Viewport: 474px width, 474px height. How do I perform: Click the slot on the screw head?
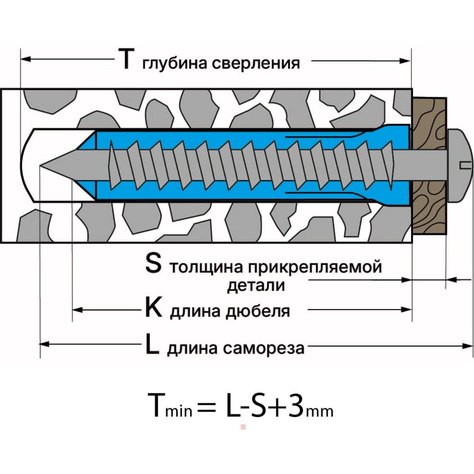466,165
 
